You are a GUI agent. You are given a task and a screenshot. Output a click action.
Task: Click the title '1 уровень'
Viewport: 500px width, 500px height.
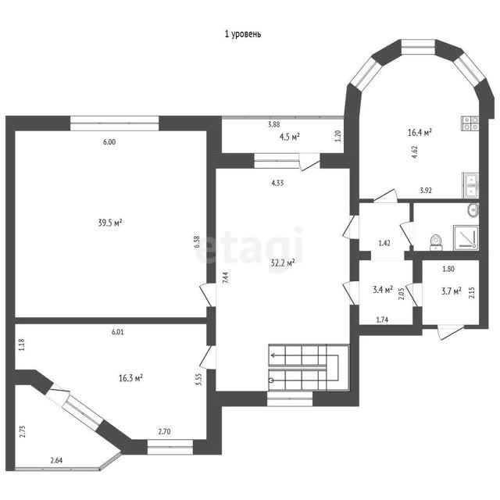243,34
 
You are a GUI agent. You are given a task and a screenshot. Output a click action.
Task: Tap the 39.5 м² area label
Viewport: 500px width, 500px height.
110,223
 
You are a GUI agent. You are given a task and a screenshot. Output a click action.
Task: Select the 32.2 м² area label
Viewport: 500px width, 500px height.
283,263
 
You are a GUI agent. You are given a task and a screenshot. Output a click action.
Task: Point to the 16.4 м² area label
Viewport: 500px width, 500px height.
420,132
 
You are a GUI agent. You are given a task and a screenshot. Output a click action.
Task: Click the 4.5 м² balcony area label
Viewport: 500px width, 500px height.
290,137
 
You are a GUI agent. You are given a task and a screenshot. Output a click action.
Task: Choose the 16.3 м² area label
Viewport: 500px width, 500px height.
130,378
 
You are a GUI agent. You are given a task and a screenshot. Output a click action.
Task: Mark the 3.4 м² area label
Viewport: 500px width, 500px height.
383,290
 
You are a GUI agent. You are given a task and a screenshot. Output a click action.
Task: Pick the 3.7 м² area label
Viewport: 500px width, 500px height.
452,291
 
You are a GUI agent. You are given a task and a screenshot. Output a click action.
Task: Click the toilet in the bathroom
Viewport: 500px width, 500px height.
436,242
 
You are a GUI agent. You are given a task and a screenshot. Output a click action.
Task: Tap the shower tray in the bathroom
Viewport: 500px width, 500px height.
466,237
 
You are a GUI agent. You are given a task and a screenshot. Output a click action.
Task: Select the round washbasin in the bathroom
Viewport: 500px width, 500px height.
473,210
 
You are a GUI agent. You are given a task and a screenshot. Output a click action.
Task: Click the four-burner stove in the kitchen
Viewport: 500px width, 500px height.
470,123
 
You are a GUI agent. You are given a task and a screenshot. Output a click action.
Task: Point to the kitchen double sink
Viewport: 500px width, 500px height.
470,185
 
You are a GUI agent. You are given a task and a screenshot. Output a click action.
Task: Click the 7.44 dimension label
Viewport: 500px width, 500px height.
226,278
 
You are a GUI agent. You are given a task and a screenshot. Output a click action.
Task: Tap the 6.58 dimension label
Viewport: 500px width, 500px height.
197,242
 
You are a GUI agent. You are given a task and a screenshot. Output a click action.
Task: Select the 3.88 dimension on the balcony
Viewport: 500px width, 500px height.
274,125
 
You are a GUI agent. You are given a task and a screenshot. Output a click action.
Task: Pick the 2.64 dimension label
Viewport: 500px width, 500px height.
56,460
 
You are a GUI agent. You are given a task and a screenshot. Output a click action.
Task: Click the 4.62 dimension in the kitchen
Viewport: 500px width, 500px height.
415,152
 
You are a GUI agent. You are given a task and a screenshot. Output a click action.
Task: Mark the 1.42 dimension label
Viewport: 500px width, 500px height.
384,243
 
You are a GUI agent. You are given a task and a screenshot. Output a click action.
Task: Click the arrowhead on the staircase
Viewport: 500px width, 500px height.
272,355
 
